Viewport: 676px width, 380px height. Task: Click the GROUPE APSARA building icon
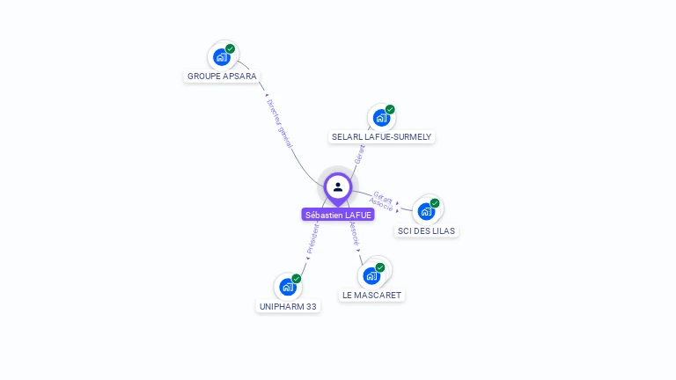point(221,57)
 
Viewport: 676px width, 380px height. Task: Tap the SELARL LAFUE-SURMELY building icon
point(381,118)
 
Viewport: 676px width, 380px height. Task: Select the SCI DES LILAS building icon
point(426,211)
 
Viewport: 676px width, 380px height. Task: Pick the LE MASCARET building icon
point(371,275)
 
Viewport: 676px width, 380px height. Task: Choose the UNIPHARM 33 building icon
point(288,287)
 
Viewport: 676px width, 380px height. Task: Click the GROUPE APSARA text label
point(222,77)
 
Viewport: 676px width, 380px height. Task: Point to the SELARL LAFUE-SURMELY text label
point(382,137)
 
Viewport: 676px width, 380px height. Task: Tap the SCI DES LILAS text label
point(427,230)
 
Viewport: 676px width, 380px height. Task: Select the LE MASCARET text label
point(371,296)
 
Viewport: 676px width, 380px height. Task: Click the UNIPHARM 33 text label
point(288,307)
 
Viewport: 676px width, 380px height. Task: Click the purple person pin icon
point(338,187)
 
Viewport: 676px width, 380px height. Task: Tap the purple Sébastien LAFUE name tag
point(338,215)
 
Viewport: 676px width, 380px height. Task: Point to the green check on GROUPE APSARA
point(231,48)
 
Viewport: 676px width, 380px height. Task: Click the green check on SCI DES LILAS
point(435,202)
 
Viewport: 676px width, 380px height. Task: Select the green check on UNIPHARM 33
point(297,278)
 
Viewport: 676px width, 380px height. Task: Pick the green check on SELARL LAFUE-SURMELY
point(390,109)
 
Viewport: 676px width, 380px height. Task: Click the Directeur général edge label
point(280,122)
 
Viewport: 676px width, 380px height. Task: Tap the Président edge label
point(312,238)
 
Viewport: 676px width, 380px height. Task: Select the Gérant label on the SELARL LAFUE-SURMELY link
point(359,155)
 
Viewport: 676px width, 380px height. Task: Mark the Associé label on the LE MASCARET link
point(354,234)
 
